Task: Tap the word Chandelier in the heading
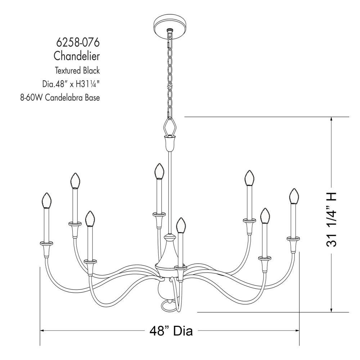(x=77, y=56)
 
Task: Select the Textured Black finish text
(x=77, y=70)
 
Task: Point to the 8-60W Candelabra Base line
(x=60, y=98)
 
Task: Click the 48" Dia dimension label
(x=171, y=330)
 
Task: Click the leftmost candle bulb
(x=47, y=200)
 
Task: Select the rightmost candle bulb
(x=294, y=196)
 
